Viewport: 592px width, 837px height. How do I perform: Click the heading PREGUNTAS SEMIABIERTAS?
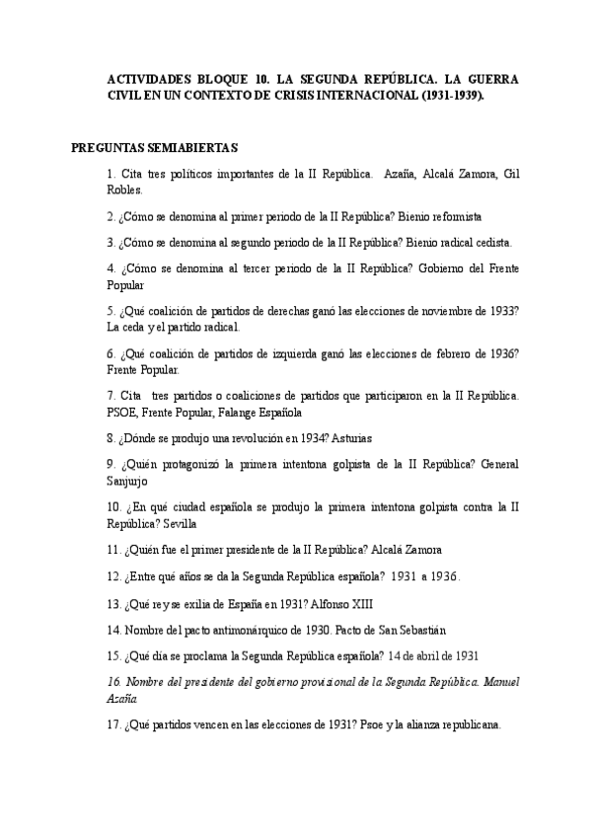point(155,148)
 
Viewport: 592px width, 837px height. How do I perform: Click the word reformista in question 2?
point(452,215)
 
